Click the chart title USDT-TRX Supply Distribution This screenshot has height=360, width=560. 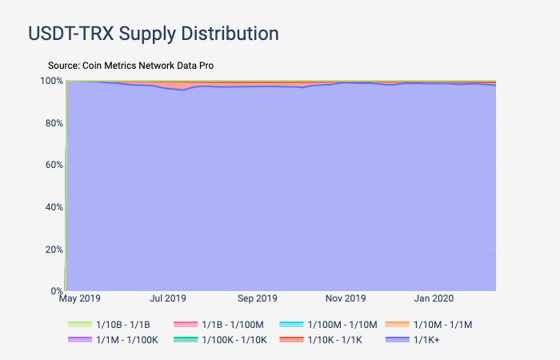[x=154, y=34]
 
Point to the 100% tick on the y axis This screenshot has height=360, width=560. [x=52, y=81]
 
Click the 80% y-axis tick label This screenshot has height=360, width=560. [x=54, y=123]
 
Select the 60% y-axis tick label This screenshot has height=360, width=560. [x=54, y=165]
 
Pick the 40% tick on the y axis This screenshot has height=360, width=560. [x=54, y=207]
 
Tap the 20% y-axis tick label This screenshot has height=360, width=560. [x=54, y=250]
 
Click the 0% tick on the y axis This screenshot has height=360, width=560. [x=56, y=291]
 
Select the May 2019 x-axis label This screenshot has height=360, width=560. [x=80, y=298]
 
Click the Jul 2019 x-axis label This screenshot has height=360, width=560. [x=168, y=298]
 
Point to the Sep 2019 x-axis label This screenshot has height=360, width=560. [x=257, y=298]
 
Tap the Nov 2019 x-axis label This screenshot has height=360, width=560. [x=346, y=298]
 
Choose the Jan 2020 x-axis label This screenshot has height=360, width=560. [x=434, y=298]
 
